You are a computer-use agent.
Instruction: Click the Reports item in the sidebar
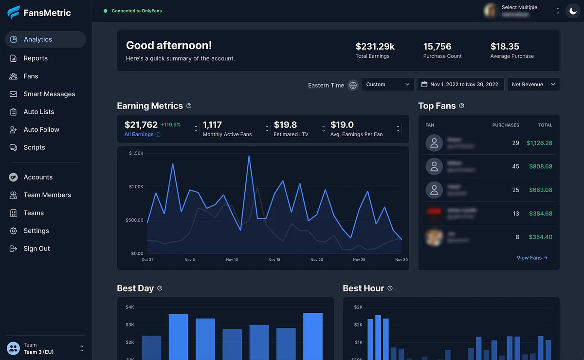36,58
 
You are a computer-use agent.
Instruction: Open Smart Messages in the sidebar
49,94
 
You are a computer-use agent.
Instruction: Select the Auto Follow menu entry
41,129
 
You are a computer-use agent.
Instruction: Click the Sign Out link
36,249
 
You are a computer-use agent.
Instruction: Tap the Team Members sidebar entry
47,195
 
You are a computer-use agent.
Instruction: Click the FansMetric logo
39,13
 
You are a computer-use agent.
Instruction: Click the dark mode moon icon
573,11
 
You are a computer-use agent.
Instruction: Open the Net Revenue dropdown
533,85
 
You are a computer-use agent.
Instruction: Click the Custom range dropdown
388,85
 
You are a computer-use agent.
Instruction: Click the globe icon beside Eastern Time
353,85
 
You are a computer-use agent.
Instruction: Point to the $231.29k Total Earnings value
375,47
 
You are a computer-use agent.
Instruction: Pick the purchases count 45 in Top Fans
515,166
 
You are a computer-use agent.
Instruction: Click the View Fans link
532,258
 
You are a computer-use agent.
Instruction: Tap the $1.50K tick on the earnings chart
136,153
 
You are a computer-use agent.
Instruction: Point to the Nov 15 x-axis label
274,260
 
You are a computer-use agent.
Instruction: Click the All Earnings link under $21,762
139,135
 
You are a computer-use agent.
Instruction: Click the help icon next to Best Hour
390,288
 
